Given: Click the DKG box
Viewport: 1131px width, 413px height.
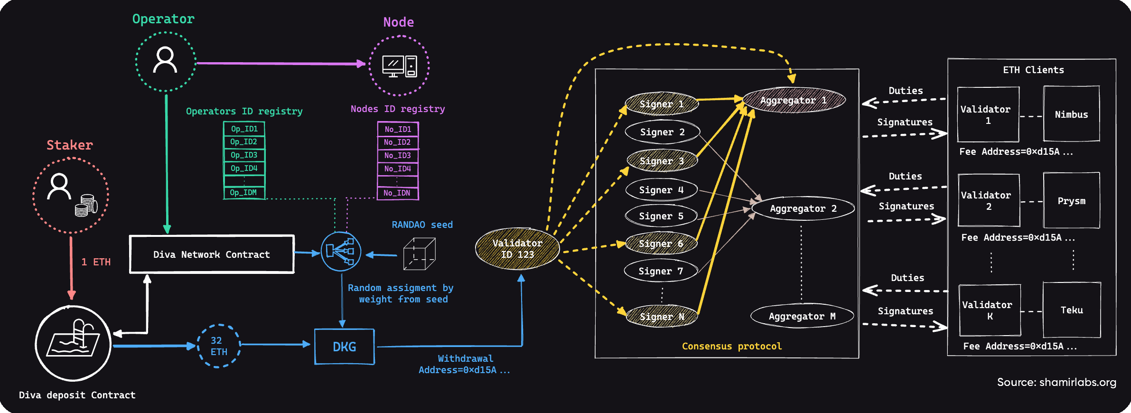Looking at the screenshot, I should (345, 347).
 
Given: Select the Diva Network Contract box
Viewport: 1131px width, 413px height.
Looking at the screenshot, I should (212, 254).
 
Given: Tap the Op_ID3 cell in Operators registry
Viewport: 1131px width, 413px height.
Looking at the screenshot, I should (244, 155).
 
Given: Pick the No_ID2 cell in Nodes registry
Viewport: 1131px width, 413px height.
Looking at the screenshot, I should (398, 142).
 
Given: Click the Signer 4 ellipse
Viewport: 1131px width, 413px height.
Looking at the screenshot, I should (661, 190).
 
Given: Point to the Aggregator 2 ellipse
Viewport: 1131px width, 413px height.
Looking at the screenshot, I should (803, 208).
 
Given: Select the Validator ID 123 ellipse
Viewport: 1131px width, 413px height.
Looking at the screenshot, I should (517, 249).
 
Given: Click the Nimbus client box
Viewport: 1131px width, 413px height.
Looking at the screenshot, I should (1071, 114).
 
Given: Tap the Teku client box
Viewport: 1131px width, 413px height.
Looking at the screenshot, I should (1072, 310).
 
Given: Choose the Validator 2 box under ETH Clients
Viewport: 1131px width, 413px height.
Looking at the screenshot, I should (989, 200).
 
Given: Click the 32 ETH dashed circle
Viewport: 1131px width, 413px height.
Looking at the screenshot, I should (219, 346).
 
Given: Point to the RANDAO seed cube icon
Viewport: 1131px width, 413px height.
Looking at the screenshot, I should (419, 254).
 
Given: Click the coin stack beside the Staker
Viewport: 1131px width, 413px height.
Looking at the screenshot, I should (86, 205).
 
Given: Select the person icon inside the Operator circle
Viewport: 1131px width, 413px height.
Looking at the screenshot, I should (165, 60).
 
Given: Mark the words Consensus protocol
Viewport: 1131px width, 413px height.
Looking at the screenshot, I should (731, 346).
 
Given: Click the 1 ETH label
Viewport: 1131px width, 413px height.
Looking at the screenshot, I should (96, 262).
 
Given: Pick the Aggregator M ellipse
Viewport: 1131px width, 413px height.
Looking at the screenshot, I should (802, 316).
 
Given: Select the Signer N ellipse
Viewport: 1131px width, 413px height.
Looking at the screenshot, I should (662, 317).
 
